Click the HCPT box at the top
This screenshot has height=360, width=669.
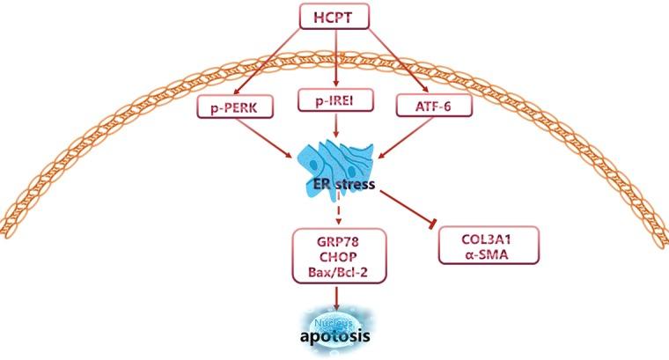pos(335,17)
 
